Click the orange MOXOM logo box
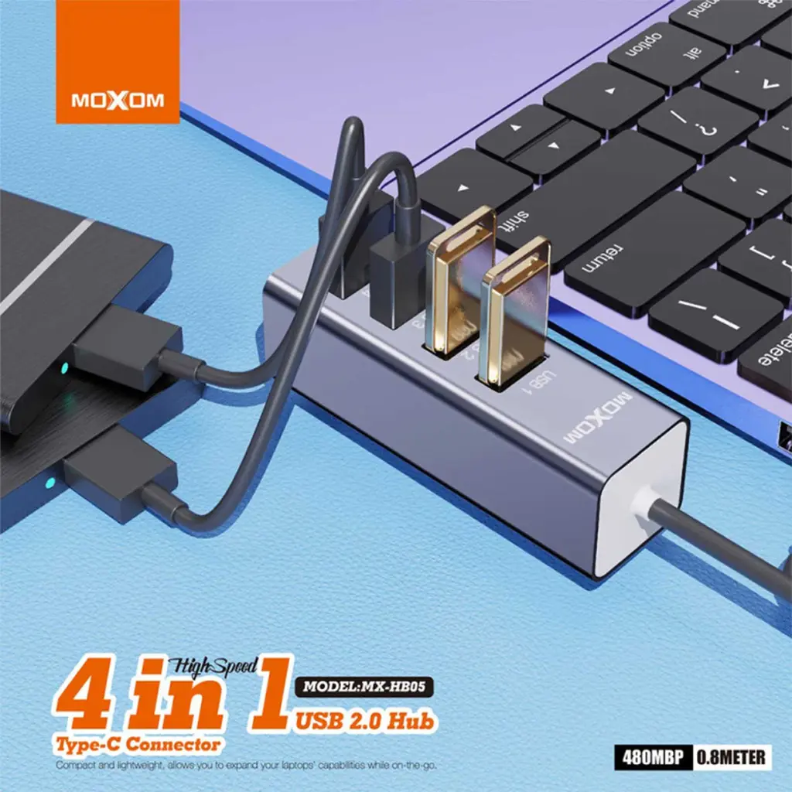[x=117, y=61]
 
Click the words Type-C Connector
[x=137, y=743]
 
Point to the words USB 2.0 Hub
[x=365, y=721]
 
